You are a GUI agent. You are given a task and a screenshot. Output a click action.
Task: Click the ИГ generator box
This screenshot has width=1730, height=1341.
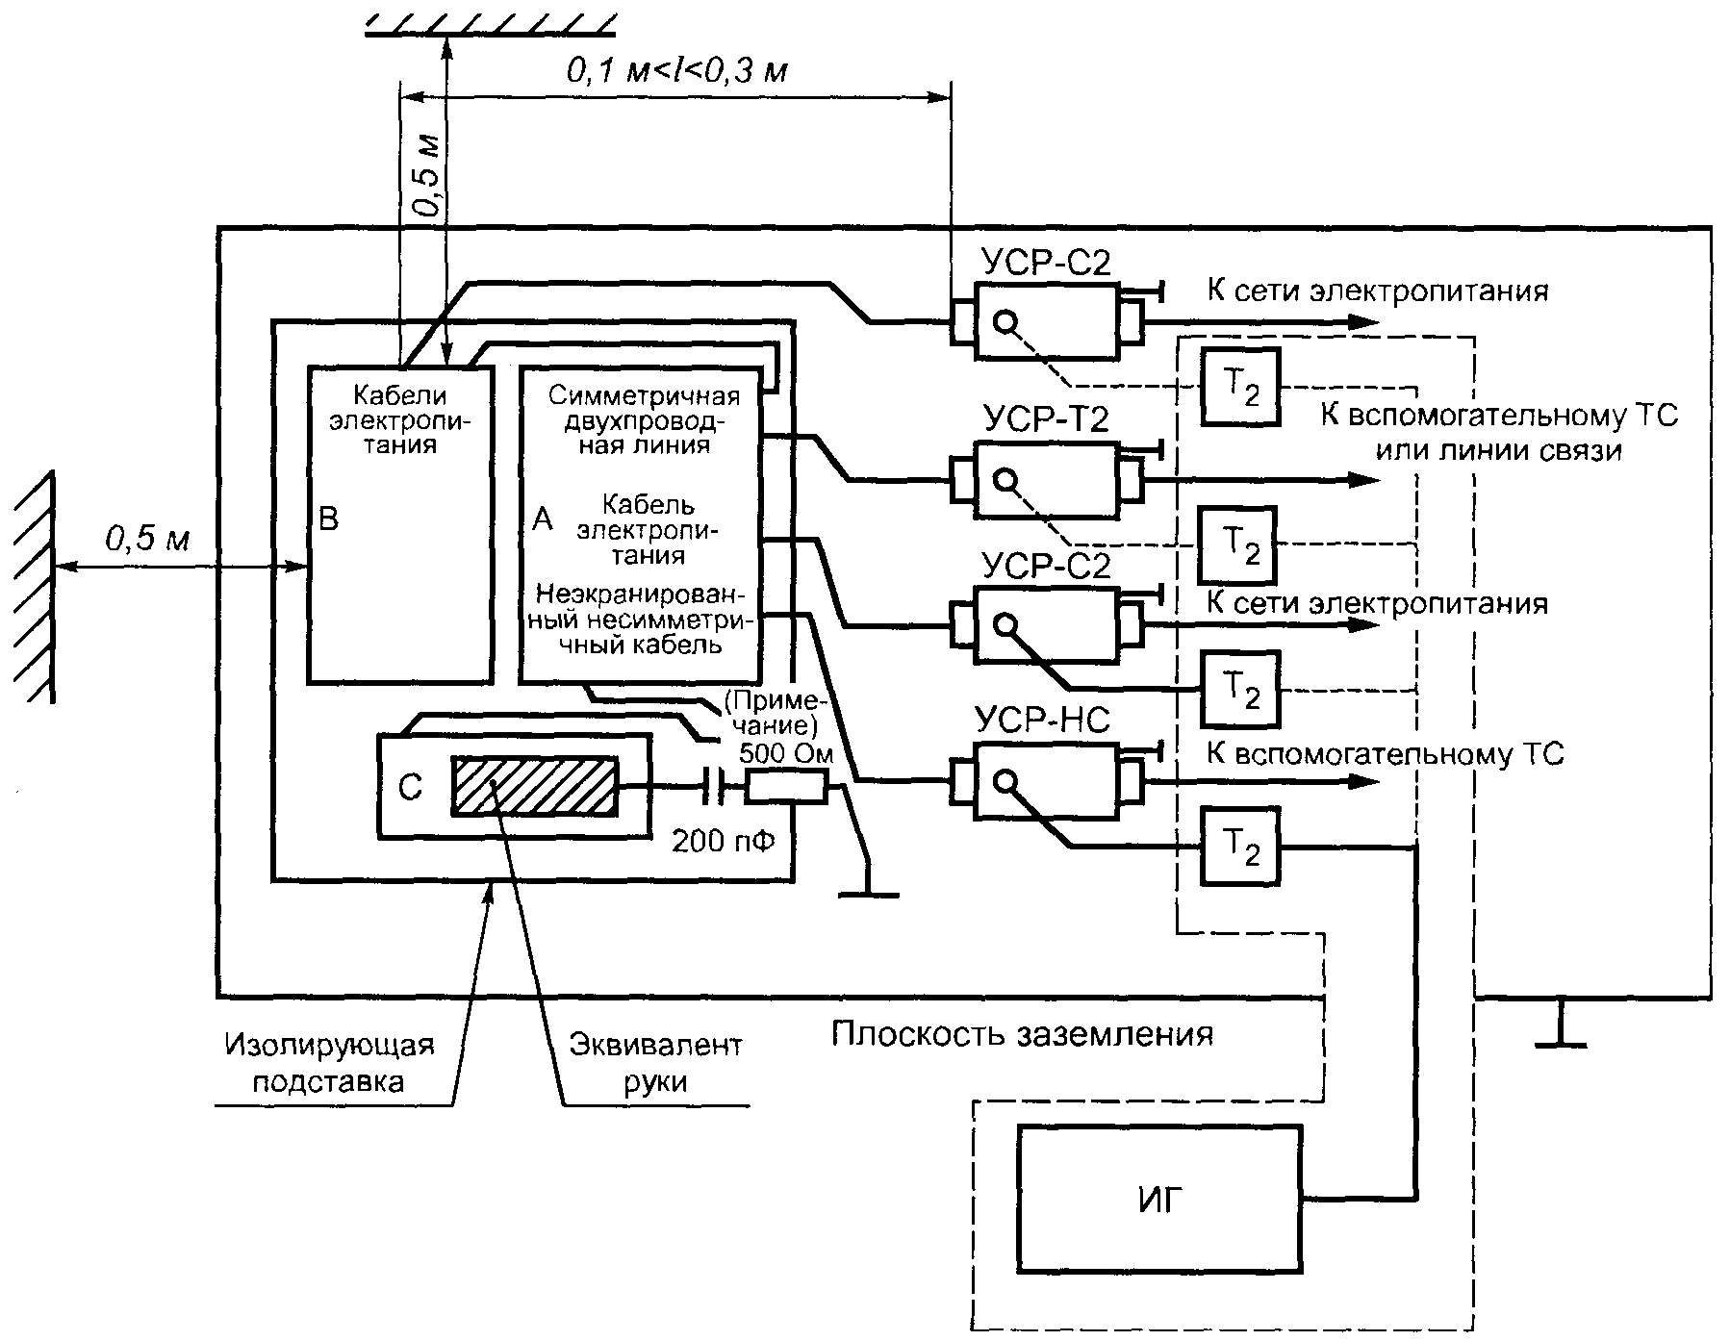tap(1158, 1198)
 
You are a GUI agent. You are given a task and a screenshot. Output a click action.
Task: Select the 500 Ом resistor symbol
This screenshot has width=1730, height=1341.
tap(786, 788)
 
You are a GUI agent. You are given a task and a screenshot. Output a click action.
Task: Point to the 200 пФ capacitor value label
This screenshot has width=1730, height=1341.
tap(723, 842)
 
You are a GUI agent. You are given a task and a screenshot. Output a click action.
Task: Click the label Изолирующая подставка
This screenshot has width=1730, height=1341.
tap(329, 1063)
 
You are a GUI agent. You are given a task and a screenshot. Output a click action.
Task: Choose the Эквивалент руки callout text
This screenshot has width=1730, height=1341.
tap(655, 1063)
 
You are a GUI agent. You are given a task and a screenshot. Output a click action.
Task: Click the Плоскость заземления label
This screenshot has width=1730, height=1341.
tap(1021, 1034)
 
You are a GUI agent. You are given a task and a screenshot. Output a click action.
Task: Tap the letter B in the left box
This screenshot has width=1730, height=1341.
tap(328, 519)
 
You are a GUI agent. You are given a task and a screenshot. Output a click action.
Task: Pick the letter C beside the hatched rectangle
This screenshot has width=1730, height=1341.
tap(410, 788)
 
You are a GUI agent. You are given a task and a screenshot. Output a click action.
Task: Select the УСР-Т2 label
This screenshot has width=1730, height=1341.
tap(1047, 418)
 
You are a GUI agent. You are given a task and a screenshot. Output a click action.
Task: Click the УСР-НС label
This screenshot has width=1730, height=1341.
tap(1042, 720)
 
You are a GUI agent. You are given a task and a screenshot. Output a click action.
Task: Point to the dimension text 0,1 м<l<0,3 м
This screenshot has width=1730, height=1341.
tap(677, 70)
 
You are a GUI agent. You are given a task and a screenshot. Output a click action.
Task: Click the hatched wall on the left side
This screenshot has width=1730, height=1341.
tap(33, 587)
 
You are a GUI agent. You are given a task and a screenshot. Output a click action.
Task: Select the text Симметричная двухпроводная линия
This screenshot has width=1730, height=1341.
tap(643, 420)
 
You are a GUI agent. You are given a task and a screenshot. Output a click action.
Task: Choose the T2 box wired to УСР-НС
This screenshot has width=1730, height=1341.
tap(1240, 846)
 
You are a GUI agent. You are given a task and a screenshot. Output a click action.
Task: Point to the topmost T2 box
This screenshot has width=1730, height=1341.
tap(1240, 386)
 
